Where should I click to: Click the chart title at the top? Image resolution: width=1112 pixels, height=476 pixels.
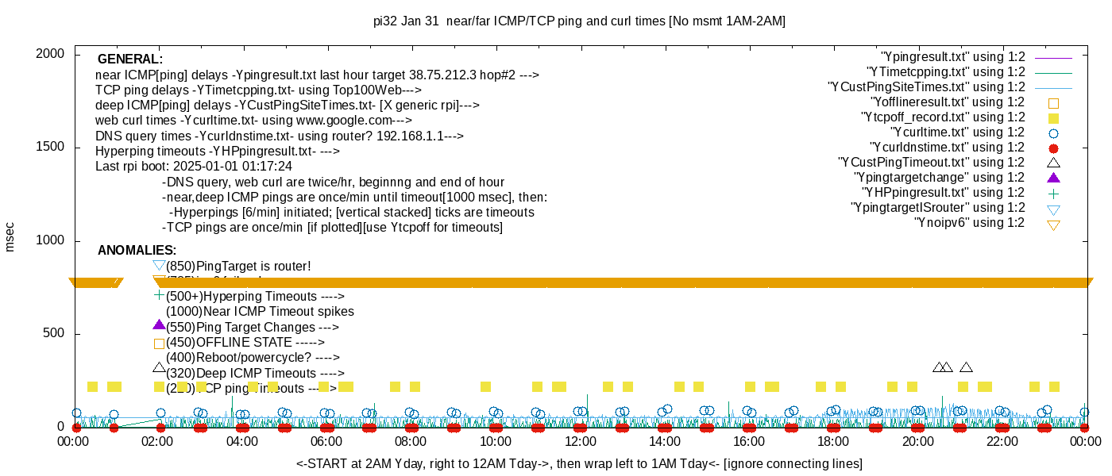579,21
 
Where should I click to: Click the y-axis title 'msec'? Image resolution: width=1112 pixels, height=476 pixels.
10,236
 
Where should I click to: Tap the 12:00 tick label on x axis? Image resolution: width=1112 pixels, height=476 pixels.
580,441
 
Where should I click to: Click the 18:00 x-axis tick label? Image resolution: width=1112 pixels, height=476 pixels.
833,441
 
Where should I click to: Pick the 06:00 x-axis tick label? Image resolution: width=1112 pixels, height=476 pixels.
326,441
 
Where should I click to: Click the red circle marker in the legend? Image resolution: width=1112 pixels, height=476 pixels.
1053,148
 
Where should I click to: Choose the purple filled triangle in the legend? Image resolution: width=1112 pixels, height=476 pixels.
1053,178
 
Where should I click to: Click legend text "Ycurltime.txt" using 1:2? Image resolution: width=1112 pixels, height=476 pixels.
957,132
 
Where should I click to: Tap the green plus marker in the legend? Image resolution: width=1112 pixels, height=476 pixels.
1053,193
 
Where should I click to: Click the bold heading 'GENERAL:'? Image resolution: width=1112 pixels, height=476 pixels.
130,59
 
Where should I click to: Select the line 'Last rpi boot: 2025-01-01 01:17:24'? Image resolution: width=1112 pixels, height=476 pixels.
194,167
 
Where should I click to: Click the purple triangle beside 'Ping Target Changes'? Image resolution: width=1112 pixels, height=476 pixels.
159,325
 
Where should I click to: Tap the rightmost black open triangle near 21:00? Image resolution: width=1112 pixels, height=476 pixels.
966,367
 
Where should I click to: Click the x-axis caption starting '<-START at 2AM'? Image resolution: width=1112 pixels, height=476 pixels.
579,463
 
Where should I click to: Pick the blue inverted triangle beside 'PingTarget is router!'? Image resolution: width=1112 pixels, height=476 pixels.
159,265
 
